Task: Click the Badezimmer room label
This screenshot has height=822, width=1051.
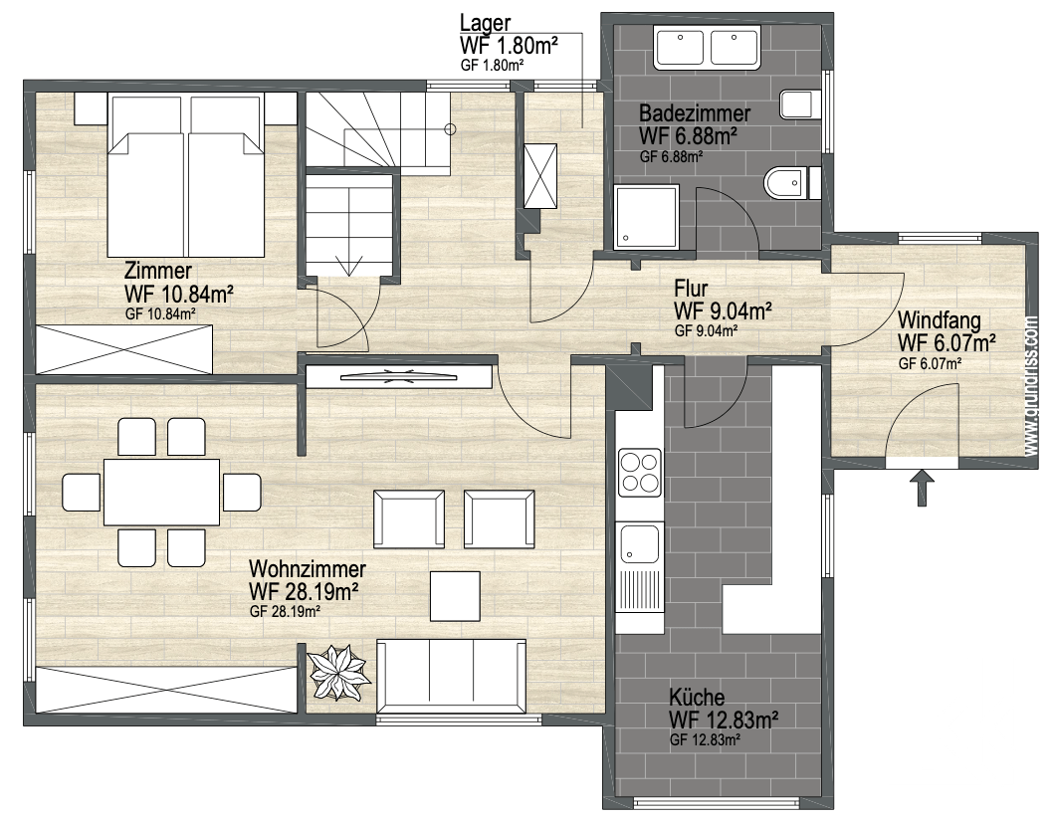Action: click(x=694, y=112)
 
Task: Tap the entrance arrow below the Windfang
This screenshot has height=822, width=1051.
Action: click(x=923, y=488)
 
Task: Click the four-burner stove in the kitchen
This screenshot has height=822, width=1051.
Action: click(x=639, y=473)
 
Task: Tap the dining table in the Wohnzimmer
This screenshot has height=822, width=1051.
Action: click(x=161, y=493)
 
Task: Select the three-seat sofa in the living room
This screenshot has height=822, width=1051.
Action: click(x=451, y=677)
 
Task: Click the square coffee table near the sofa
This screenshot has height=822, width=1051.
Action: click(x=455, y=595)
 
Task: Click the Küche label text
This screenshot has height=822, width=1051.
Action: click(x=697, y=697)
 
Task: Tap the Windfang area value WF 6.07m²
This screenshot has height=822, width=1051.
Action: click(x=946, y=343)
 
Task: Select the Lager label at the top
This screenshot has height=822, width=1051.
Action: click(x=486, y=23)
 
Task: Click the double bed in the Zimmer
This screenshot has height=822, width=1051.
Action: click(x=186, y=176)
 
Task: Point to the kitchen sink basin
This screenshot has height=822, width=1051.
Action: click(x=639, y=543)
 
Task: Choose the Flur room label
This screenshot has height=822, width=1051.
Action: click(x=691, y=289)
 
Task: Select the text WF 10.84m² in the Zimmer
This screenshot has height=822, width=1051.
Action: click(x=179, y=295)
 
